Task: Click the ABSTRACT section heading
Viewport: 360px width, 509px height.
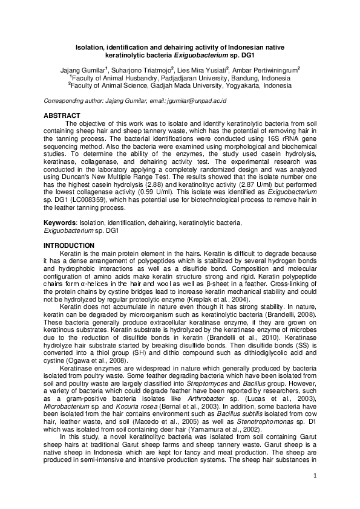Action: point(62,115)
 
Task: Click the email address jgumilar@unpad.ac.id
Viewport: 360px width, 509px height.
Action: point(196,100)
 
